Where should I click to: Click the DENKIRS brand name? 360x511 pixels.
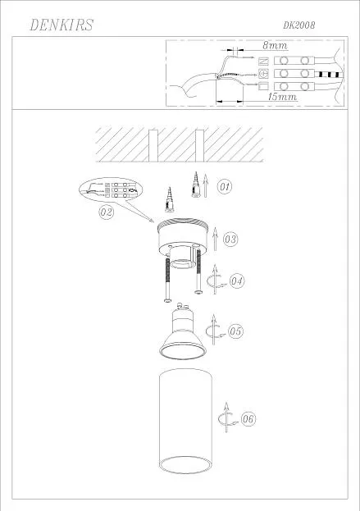62,25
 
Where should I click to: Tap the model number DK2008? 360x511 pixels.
299,25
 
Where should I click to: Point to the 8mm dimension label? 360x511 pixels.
276,45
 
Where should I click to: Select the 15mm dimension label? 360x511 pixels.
282,97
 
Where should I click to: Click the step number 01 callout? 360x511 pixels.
225,187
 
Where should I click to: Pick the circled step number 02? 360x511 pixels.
107,212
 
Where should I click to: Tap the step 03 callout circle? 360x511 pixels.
230,240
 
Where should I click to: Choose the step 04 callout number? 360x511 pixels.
237,281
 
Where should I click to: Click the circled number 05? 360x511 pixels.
235,331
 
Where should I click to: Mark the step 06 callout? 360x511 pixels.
248,419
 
